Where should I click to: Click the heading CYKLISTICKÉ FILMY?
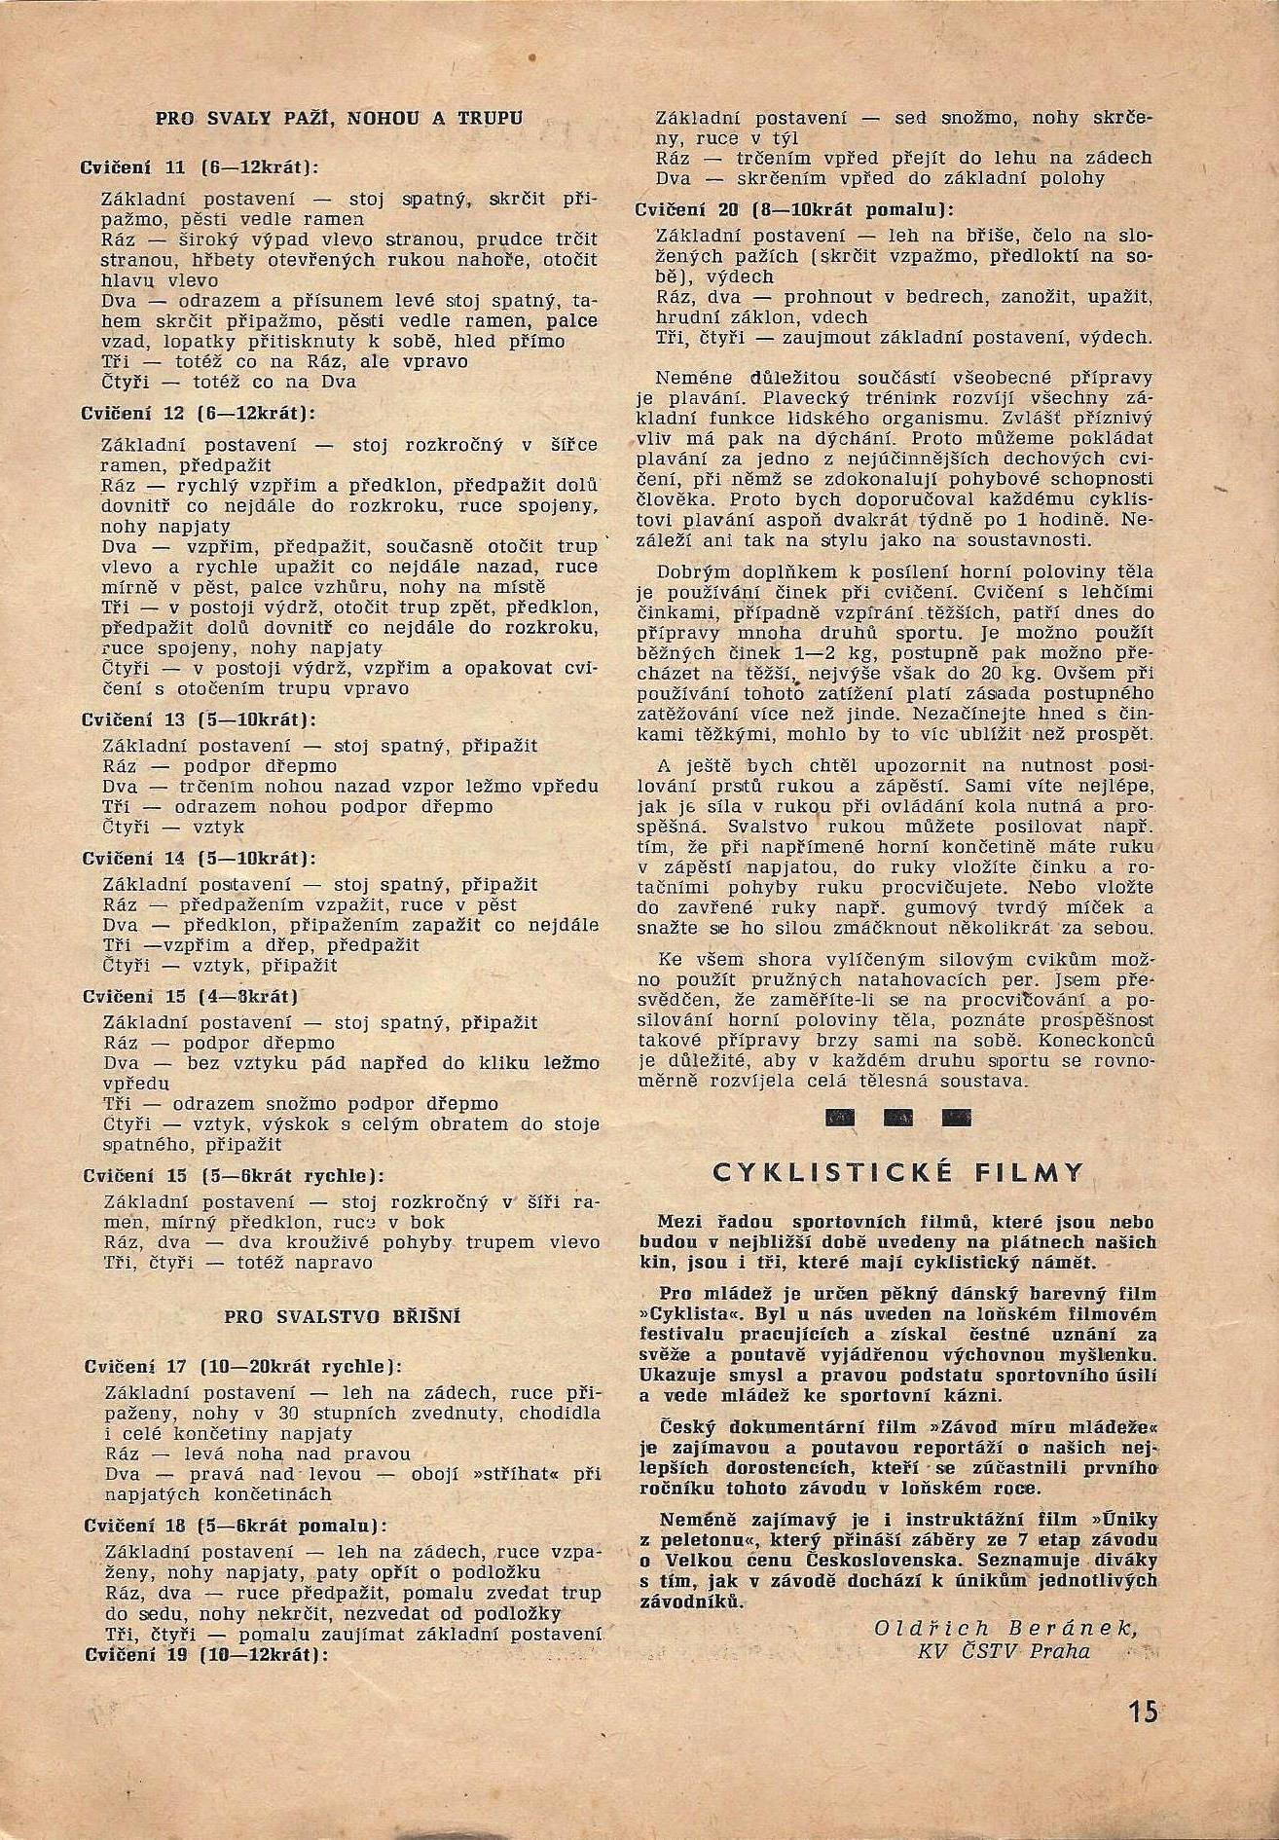[x=897, y=1171]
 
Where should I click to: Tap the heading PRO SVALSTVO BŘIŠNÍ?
[x=342, y=1316]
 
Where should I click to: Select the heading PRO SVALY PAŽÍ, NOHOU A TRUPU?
[x=340, y=119]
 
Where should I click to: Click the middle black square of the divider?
[x=897, y=1119]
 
